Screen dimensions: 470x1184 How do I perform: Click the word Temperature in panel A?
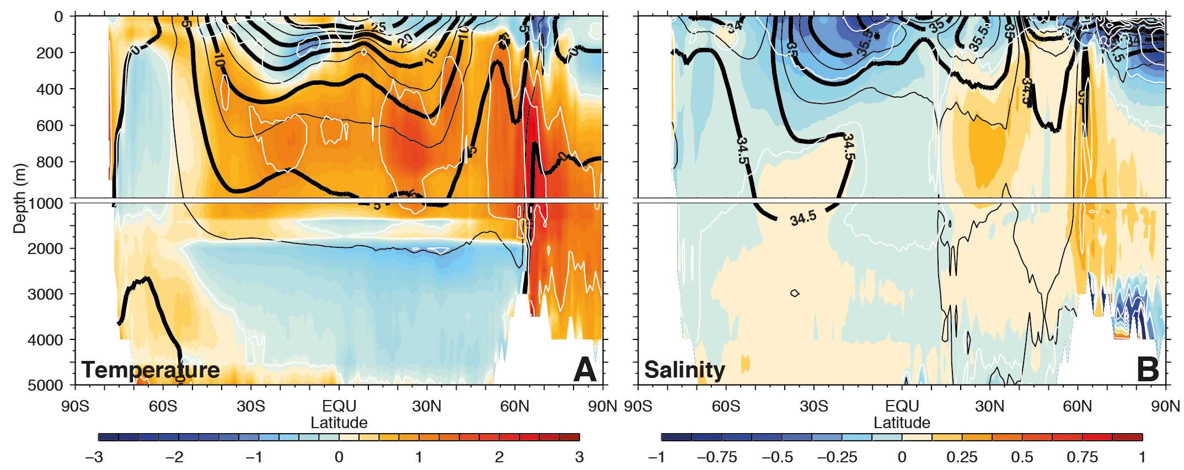click(150, 370)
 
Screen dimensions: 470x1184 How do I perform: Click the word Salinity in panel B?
click(684, 370)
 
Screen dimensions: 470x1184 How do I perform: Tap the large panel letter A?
click(585, 369)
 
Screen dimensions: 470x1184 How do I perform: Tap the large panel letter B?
click(1148, 369)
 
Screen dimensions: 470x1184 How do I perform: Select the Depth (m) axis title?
click(20, 198)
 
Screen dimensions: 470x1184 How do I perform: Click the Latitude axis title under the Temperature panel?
click(339, 423)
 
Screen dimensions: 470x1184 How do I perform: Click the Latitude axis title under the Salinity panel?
click(902, 423)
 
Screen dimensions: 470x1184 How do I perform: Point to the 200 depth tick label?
click(50, 53)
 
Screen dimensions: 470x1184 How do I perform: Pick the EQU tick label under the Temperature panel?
click(339, 407)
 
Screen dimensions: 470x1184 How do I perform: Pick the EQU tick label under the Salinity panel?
click(902, 407)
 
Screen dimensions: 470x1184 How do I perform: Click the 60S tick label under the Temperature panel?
click(163, 407)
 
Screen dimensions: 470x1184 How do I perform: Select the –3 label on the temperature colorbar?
click(94, 457)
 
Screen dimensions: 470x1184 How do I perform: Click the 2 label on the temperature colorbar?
click(499, 457)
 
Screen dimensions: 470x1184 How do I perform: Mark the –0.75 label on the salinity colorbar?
click(717, 457)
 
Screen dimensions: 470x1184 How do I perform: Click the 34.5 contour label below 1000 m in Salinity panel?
click(803, 219)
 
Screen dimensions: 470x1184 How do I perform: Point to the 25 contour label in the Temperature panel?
click(378, 27)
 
